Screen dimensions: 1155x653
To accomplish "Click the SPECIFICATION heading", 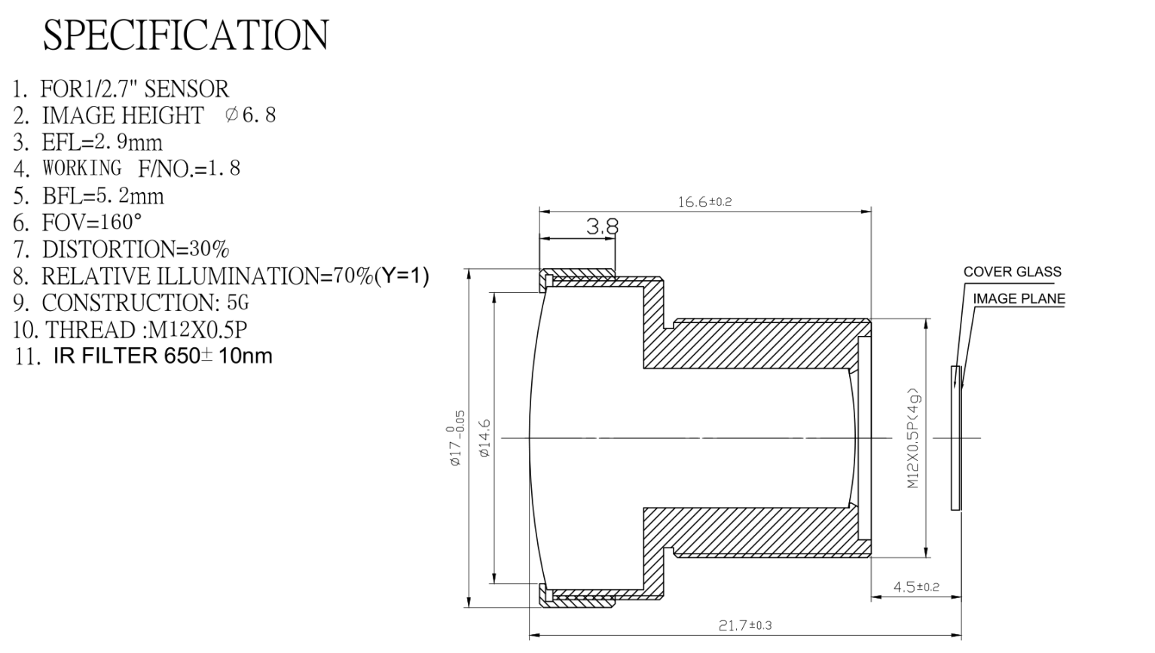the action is point(185,35).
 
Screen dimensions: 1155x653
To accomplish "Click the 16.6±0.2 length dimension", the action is point(704,202).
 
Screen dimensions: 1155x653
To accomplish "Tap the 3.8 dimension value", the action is point(602,226).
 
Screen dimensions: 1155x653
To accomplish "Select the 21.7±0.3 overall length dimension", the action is point(745,625).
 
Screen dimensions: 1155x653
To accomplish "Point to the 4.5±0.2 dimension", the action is point(916,587).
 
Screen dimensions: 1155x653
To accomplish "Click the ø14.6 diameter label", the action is point(484,438).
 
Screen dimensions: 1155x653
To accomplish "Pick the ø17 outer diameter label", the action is point(457,438).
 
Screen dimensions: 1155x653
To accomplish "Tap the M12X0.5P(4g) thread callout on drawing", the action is point(912,438).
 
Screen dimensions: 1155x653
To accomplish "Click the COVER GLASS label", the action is point(1012,272).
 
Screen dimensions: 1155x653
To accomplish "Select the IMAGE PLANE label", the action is point(1019,298).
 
